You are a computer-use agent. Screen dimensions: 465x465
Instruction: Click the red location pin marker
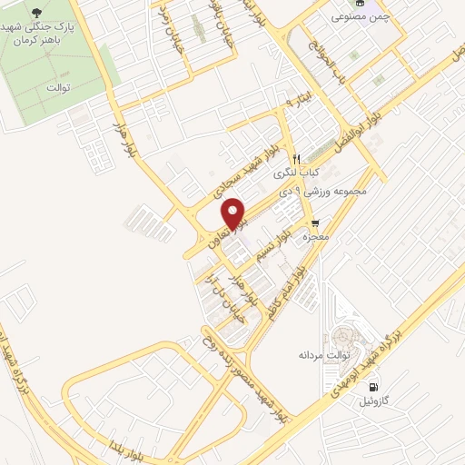tap(235, 214)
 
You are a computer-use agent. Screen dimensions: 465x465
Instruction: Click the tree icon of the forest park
tap(36, 12)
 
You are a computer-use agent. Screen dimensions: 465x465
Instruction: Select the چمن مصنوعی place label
tap(349, 16)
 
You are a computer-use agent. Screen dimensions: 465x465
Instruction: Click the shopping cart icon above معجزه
tap(315, 223)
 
